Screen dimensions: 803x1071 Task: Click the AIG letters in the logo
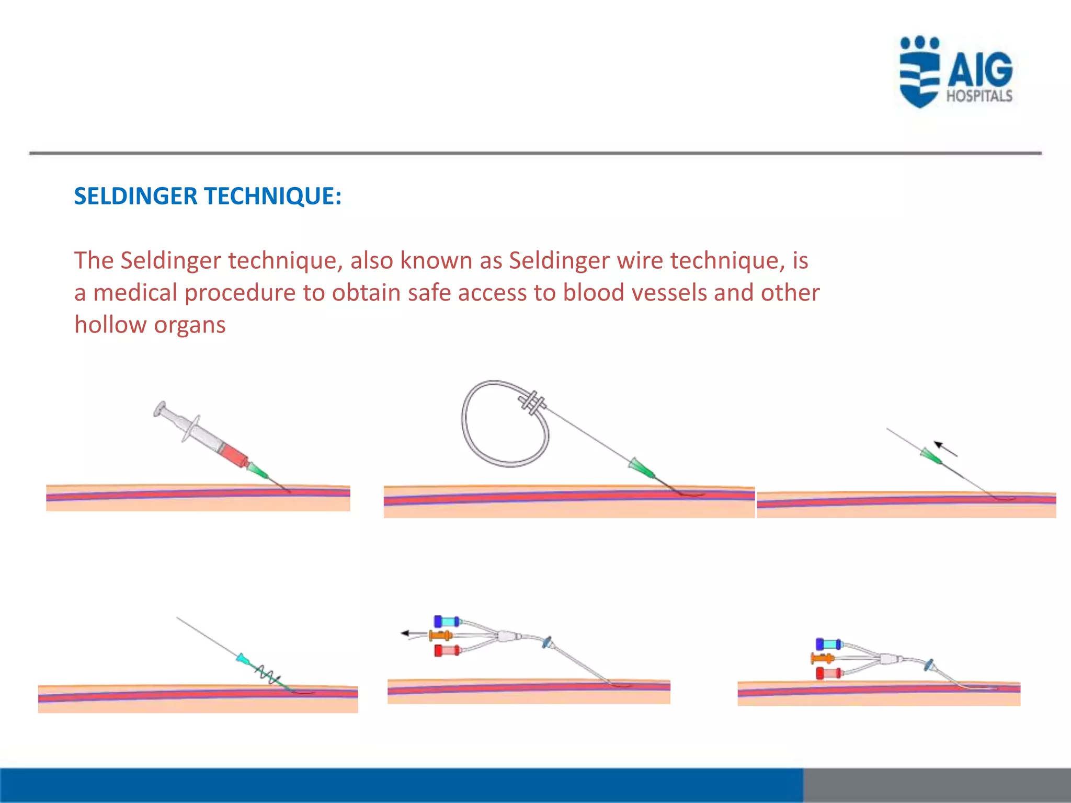coord(980,70)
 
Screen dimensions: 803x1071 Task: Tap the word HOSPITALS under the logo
coord(979,96)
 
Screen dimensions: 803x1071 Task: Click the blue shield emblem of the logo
coord(919,73)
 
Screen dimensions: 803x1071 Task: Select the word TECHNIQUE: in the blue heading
coord(272,197)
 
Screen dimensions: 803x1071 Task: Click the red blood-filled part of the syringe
coord(234,455)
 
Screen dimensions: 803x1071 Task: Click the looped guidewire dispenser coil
coord(505,423)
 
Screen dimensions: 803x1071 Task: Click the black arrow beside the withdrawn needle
coord(945,449)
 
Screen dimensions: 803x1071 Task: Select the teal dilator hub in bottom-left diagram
coord(243,659)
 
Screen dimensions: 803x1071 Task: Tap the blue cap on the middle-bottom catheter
coord(446,622)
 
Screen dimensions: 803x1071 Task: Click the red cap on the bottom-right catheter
coord(828,673)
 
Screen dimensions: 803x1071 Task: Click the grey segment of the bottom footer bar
coord(936,785)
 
